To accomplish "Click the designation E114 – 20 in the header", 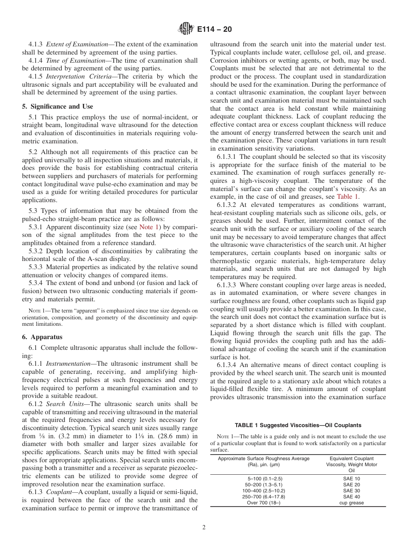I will pos(213,29).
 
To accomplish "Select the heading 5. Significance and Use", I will pos(58,106).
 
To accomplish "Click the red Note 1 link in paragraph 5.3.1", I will pos(149,227).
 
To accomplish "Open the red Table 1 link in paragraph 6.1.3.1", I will pos(347,197).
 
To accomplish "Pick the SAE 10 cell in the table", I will pos(351,479).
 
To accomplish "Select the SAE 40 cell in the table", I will pos(351,497).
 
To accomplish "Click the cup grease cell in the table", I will pos(351,503).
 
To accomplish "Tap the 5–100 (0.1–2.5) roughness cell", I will pos(263,479).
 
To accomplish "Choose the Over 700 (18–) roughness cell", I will pos(263,503).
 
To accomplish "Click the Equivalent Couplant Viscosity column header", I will pos(351,464).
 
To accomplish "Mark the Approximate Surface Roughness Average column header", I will pos(263,461).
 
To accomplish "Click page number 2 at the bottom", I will pos(204,528).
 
